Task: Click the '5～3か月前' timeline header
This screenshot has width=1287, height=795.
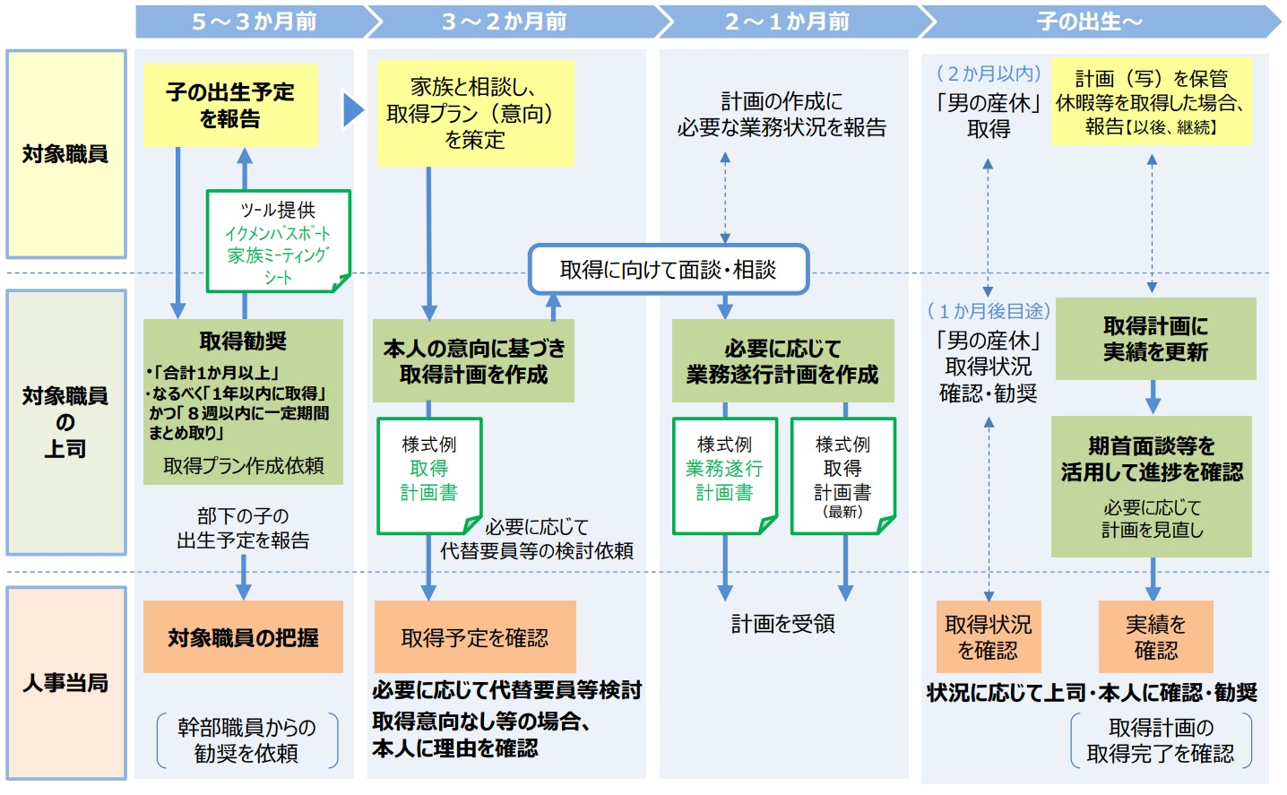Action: (x=254, y=22)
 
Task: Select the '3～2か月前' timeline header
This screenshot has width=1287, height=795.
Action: (x=504, y=22)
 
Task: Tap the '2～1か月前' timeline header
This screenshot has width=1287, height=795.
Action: (x=787, y=22)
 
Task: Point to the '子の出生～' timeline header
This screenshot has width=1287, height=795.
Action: (x=1089, y=22)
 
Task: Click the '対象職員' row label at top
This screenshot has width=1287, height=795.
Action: (x=65, y=154)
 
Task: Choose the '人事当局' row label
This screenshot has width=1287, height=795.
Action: (x=65, y=683)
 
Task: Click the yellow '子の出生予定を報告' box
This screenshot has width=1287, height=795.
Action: (x=230, y=105)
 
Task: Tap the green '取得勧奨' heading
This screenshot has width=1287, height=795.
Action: (x=243, y=341)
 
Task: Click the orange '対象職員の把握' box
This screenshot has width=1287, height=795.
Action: (x=243, y=637)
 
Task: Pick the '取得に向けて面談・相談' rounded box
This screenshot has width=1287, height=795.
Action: (x=668, y=270)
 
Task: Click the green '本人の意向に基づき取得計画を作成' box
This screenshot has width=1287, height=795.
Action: (x=473, y=361)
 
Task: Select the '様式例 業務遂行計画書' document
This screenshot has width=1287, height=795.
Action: (x=724, y=475)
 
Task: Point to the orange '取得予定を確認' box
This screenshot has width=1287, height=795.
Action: (x=474, y=637)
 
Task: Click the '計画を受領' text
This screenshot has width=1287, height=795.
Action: (x=782, y=624)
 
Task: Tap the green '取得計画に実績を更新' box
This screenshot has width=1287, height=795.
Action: (x=1155, y=339)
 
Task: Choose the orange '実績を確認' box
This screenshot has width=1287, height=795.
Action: (x=1155, y=636)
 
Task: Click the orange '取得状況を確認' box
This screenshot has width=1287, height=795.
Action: (x=988, y=636)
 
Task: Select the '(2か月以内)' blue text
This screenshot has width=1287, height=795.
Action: (x=989, y=73)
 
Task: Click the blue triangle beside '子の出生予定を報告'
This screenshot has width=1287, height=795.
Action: (x=353, y=109)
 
